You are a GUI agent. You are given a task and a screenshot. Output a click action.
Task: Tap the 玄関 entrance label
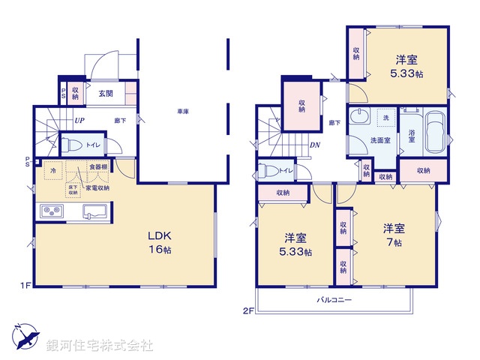click(x=106, y=94)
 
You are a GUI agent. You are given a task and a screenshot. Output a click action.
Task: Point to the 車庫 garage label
click(x=182, y=111)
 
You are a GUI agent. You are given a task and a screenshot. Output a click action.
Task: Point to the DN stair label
click(x=315, y=146)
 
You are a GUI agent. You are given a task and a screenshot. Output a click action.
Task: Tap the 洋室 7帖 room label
click(x=394, y=235)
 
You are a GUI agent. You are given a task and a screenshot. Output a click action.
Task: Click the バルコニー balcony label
click(x=334, y=299)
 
